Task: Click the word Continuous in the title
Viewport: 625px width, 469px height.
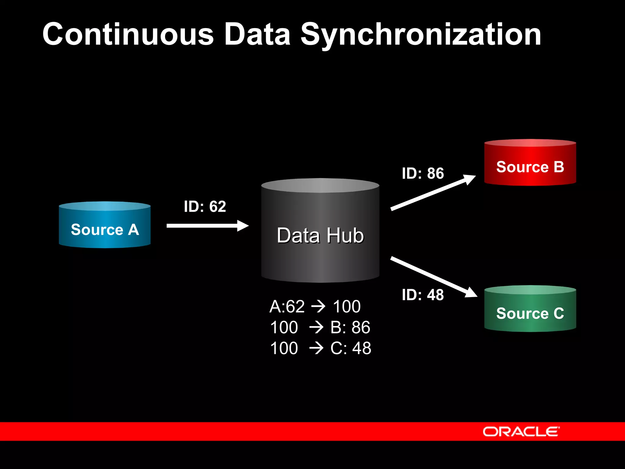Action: click(x=128, y=34)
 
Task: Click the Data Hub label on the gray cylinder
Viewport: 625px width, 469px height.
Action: click(x=320, y=235)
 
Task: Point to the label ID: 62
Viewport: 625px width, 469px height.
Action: click(x=205, y=206)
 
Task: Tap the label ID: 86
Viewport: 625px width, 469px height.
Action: click(x=423, y=173)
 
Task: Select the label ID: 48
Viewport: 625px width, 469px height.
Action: click(x=423, y=295)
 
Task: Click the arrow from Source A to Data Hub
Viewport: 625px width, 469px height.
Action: click(x=208, y=226)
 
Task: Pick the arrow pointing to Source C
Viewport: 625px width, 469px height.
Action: click(x=433, y=277)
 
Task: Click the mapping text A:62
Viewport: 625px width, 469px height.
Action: click(x=287, y=306)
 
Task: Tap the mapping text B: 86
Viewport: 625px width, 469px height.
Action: click(x=350, y=327)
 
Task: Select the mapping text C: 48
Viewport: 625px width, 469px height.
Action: click(x=351, y=348)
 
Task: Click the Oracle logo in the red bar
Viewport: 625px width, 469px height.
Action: click(x=521, y=431)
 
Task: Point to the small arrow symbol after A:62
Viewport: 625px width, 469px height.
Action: click(x=319, y=306)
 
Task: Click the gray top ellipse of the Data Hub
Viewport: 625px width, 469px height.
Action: click(x=320, y=185)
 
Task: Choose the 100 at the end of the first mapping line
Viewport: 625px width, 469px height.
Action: click(x=347, y=306)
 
